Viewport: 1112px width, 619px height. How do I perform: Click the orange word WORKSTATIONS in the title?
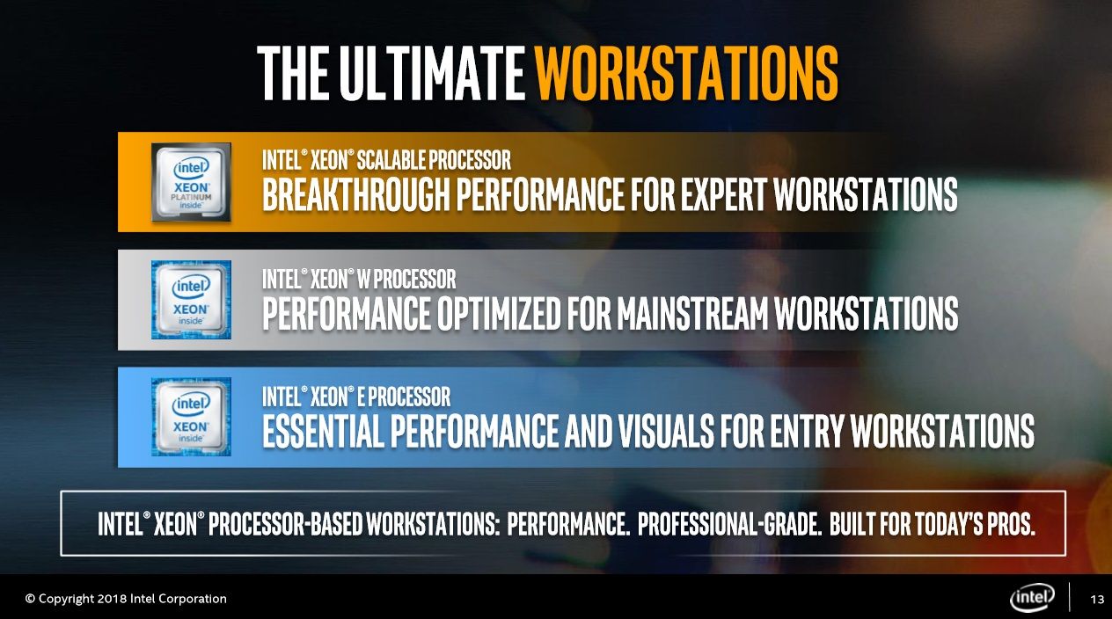(x=686, y=73)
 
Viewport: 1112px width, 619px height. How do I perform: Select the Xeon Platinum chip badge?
(x=191, y=182)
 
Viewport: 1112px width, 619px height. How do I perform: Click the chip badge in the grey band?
(x=191, y=300)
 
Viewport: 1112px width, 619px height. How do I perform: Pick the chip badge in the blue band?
(x=191, y=417)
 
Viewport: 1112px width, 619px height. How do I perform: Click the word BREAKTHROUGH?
(x=355, y=194)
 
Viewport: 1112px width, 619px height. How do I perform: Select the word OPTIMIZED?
(x=499, y=313)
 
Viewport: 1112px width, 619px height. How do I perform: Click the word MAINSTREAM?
(x=692, y=313)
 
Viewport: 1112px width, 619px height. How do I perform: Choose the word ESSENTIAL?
(x=323, y=431)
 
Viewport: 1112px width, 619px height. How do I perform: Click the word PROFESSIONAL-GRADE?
(x=729, y=524)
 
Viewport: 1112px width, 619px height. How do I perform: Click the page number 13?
(x=1097, y=599)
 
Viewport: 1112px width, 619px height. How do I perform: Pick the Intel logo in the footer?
(x=1032, y=597)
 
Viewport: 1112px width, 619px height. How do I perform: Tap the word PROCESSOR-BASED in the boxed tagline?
(x=285, y=524)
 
